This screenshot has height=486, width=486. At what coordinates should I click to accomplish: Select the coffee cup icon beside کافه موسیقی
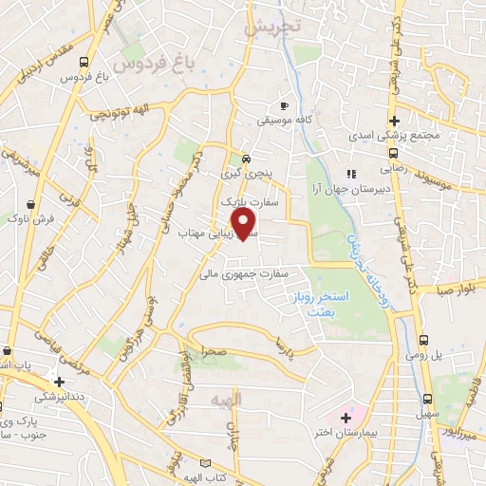pos(283,105)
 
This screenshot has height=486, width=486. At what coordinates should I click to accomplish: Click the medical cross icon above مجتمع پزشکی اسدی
pos(395,121)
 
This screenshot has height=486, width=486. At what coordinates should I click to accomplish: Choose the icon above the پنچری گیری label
pos(247,159)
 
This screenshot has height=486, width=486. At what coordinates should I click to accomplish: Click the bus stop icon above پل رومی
pos(423,339)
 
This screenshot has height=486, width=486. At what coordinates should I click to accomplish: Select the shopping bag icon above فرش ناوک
pos(33,203)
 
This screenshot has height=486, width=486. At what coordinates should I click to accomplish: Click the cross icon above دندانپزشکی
pos(59,382)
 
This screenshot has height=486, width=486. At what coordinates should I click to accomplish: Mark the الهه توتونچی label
pos(116,115)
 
